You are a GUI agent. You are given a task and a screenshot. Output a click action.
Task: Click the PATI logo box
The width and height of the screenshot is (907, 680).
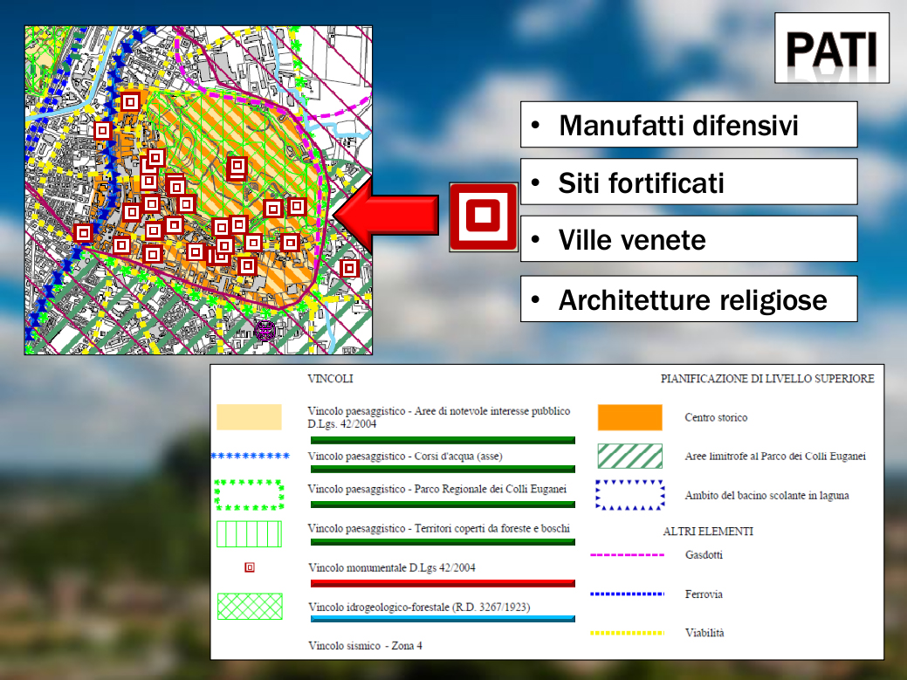pos(832,48)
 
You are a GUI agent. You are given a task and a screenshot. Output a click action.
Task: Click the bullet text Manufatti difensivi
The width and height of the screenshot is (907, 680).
pos(678,126)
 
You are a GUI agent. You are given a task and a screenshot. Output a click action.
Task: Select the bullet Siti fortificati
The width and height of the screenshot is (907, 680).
pos(641,182)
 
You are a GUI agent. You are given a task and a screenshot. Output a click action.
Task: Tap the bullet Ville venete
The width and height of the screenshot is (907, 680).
pos(632,239)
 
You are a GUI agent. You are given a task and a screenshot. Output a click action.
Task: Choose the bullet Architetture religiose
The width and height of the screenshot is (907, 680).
pos(693,299)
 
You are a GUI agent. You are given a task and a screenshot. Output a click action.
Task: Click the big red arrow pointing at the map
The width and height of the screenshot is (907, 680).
pos(386,215)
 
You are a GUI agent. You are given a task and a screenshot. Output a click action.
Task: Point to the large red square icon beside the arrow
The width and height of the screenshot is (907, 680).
pos(483,216)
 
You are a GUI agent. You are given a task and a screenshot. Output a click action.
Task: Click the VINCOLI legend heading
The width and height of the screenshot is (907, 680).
pos(330,379)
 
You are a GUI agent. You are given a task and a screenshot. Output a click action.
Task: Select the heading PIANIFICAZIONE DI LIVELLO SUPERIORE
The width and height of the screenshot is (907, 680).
pos(767,379)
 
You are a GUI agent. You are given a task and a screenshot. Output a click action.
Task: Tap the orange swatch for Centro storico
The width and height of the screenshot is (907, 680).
pos(630,417)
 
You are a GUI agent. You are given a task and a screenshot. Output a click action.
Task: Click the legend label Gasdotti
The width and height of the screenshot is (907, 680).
pos(704,555)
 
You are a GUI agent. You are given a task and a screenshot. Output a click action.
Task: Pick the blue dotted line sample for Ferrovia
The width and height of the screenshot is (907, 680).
pos(628,594)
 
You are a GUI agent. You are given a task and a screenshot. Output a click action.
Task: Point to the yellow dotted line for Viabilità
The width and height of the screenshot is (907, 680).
pos(628,633)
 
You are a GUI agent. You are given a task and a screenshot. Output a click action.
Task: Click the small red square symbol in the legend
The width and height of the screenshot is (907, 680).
pos(250,567)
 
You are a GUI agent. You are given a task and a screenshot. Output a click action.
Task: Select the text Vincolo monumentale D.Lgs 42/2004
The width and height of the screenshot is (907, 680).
pos(392,567)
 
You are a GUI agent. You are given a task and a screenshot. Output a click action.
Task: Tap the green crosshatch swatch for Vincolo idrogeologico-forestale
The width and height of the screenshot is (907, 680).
pos(250,607)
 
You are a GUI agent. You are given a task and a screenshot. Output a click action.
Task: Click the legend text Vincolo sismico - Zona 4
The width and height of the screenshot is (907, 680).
pos(365,646)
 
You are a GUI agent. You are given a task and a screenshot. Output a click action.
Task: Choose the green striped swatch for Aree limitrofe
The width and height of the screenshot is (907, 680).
pos(630,457)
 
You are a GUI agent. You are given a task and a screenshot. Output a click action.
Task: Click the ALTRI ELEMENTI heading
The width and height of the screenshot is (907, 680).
pos(708,532)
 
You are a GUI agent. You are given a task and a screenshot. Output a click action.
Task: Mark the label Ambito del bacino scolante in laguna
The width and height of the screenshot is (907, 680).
pos(767,496)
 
